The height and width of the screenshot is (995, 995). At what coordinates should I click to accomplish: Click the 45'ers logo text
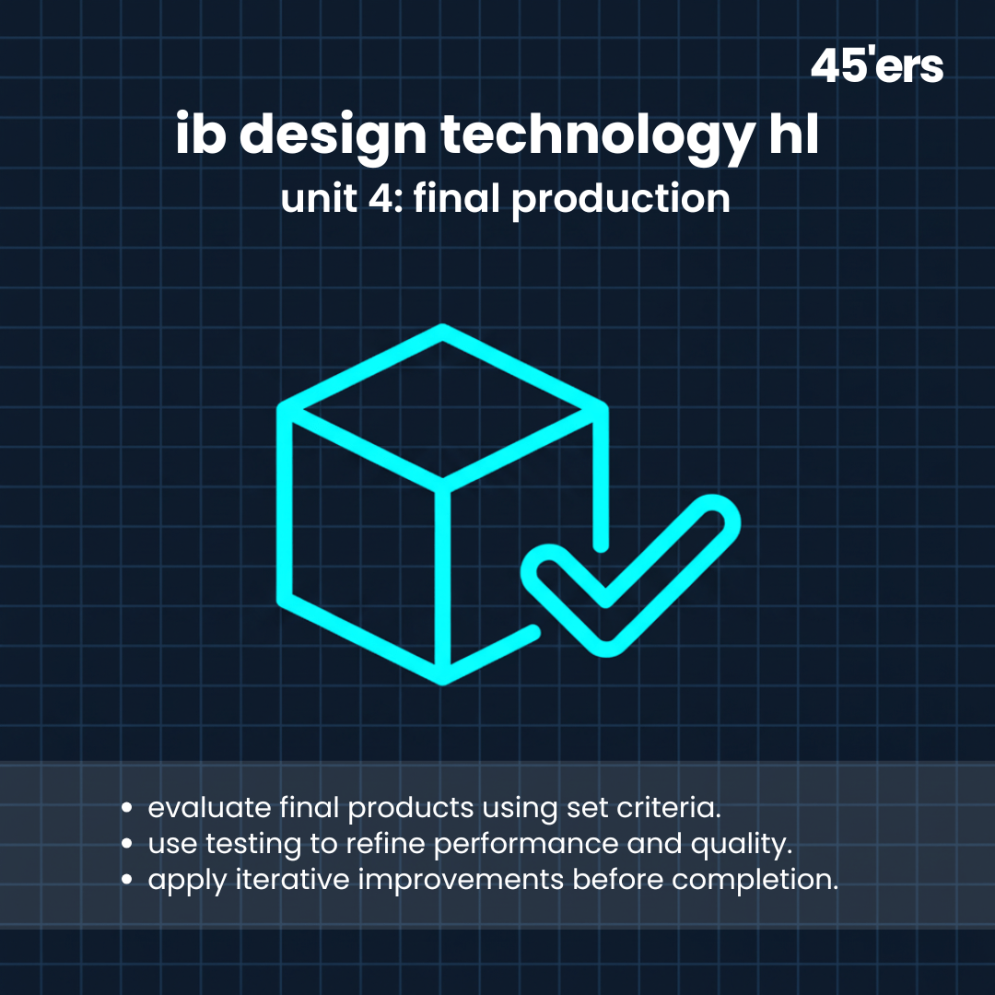tap(876, 67)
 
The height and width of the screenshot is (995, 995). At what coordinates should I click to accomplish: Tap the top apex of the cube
tap(443, 332)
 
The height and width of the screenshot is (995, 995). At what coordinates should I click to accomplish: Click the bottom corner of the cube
tap(443, 678)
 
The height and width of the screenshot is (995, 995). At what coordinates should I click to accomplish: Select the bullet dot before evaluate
tap(127, 809)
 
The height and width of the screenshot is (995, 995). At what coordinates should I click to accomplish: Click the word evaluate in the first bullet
tap(209, 808)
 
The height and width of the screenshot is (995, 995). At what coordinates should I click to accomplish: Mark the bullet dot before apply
tap(127, 879)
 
